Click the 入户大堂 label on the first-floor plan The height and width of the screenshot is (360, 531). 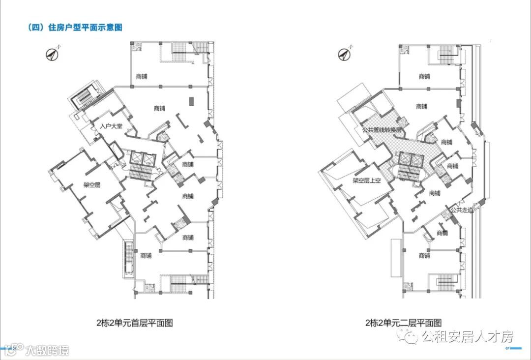point(111,126)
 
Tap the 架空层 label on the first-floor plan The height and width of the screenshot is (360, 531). point(92,185)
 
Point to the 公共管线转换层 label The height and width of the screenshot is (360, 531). point(382,130)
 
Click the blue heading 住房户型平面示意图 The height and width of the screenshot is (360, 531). point(85,28)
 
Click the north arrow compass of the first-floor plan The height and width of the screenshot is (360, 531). point(52,54)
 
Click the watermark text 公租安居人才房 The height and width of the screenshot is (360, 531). point(467,337)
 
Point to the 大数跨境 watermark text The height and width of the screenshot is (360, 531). point(48,350)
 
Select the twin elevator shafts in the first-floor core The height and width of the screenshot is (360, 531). point(141,158)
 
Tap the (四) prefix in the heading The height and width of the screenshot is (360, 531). point(35,28)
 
